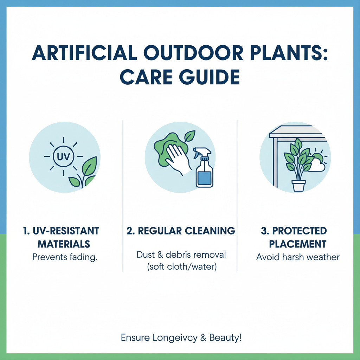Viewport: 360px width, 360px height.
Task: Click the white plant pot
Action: tap(298, 185)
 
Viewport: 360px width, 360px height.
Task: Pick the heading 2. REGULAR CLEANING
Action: tap(180, 231)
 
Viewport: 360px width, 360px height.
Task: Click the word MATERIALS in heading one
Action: tap(64, 244)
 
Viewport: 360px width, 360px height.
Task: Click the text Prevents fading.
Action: tap(64, 257)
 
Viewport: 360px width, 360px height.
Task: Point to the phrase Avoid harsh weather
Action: tap(298, 257)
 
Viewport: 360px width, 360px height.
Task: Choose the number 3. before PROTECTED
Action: tap(265, 231)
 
